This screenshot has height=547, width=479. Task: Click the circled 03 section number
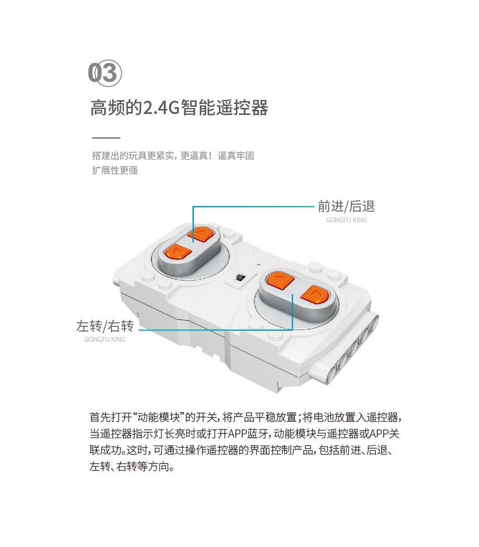tap(105, 73)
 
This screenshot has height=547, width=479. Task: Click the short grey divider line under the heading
tap(106, 138)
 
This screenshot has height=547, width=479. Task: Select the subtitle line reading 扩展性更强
tap(115, 170)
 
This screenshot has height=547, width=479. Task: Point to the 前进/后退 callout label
tap(346, 206)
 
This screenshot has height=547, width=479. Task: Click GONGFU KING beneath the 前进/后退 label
tap(346, 220)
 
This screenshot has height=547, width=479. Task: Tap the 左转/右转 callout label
tap(105, 326)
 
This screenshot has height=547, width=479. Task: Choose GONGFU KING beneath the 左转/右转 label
tap(105, 340)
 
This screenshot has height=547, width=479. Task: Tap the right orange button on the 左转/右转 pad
tap(315, 294)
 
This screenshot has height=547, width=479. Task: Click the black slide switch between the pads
tap(241, 278)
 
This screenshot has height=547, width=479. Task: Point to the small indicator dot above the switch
tap(258, 265)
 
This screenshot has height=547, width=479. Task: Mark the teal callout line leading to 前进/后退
tap(253, 206)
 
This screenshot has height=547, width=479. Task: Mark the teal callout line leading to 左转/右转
tap(216, 330)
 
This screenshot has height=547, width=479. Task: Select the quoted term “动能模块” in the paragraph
tap(159, 418)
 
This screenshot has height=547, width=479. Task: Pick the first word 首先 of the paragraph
tap(100, 418)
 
